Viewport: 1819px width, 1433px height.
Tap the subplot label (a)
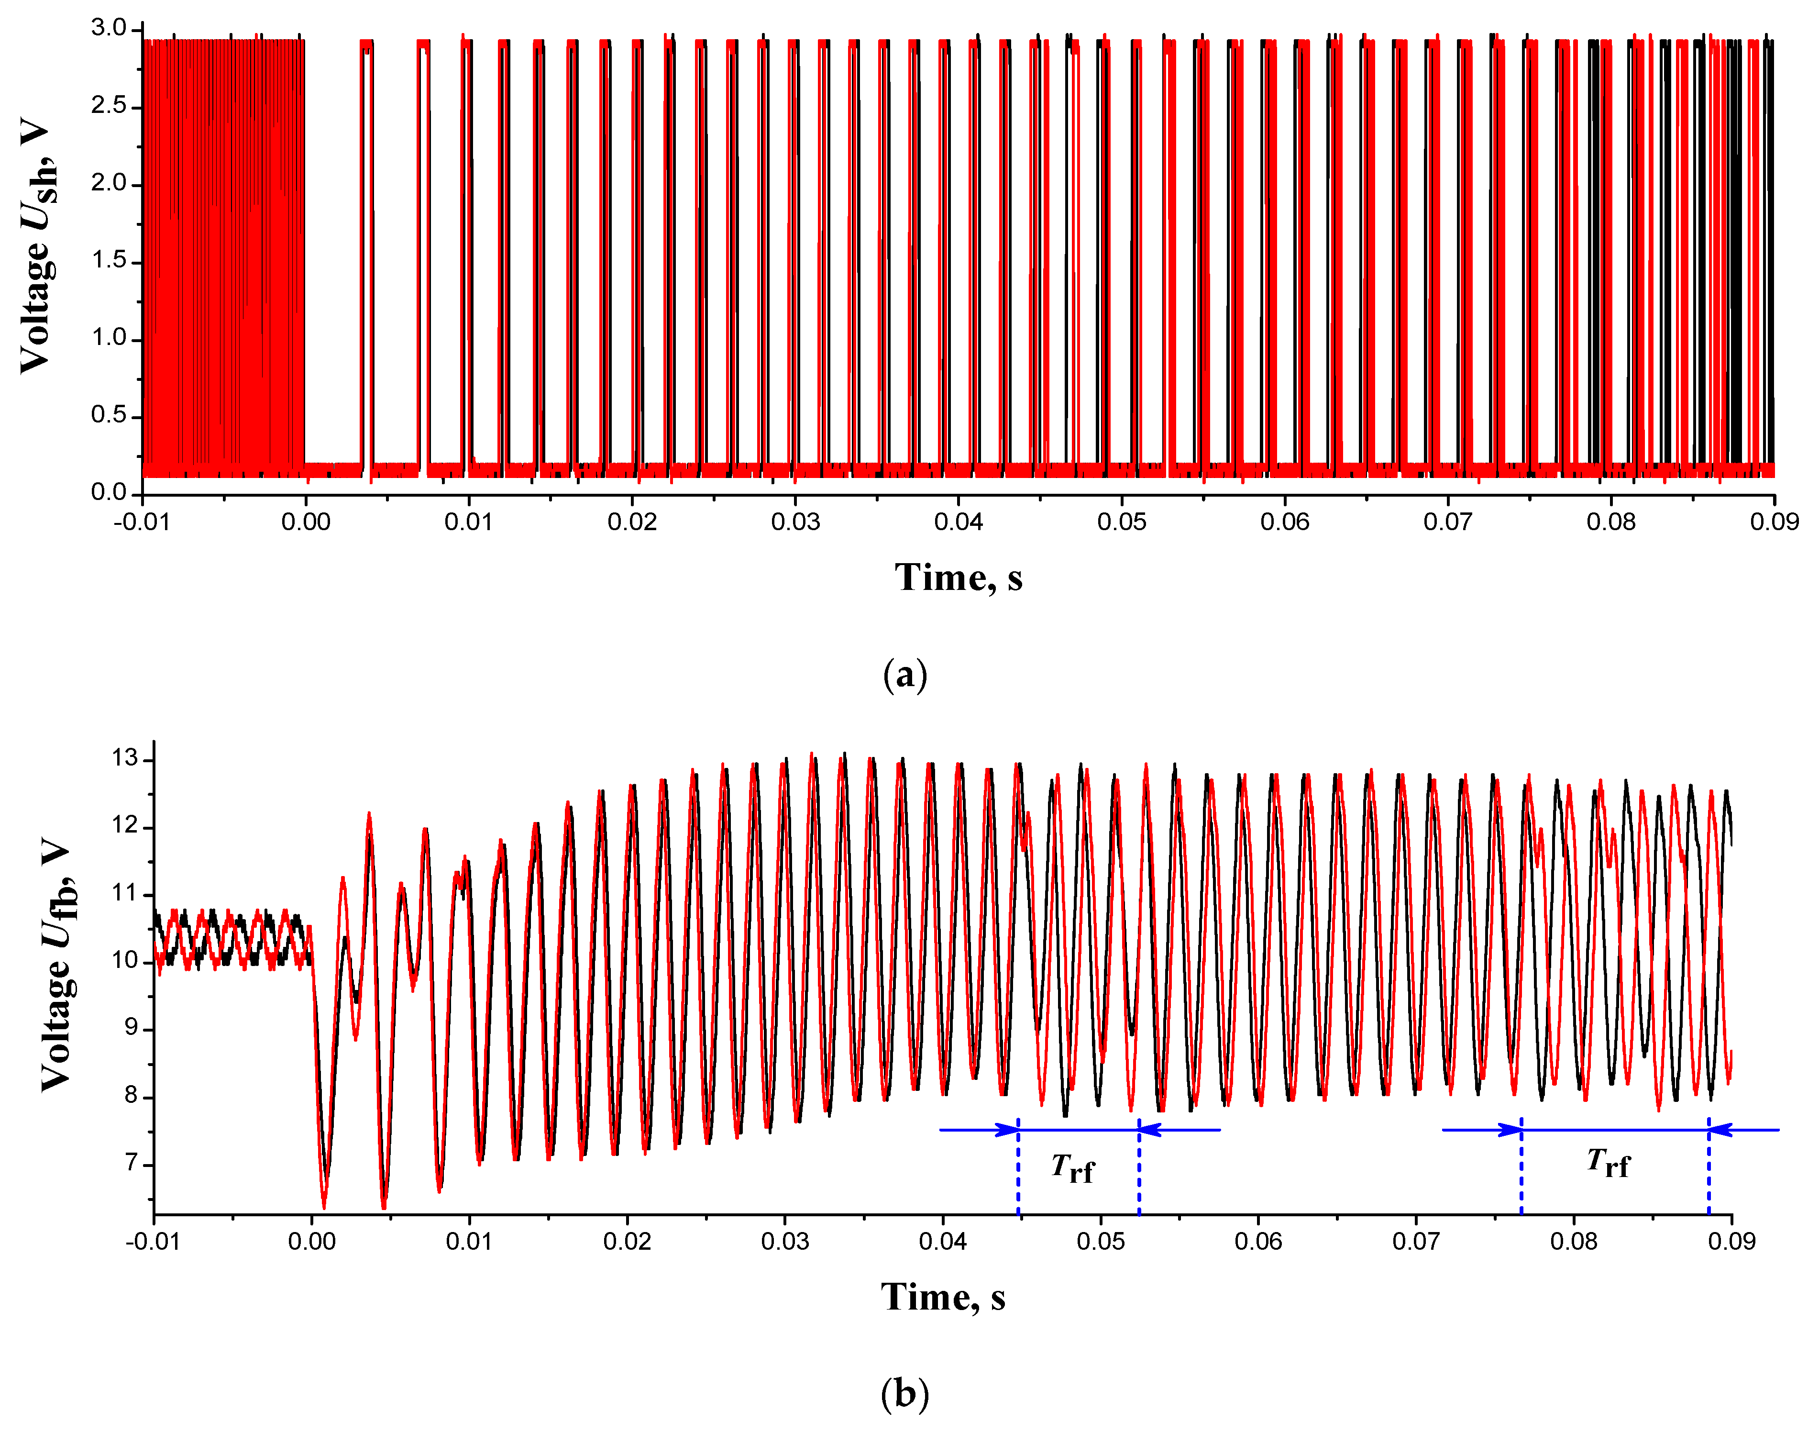pyautogui.click(x=905, y=675)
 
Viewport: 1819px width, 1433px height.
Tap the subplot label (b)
pyautogui.click(x=905, y=1394)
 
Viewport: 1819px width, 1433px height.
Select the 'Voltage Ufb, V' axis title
pyautogui.click(x=59, y=965)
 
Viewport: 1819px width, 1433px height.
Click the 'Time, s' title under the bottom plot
pyautogui.click(x=943, y=1297)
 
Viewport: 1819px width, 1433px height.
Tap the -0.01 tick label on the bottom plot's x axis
pyautogui.click(x=153, y=1241)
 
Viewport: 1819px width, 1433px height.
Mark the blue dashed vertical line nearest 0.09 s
pyautogui.click(x=1709, y=1166)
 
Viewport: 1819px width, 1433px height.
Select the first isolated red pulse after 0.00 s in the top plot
pyautogui.click(x=365, y=252)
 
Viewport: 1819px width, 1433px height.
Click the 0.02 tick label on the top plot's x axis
pyautogui.click(x=631, y=522)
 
